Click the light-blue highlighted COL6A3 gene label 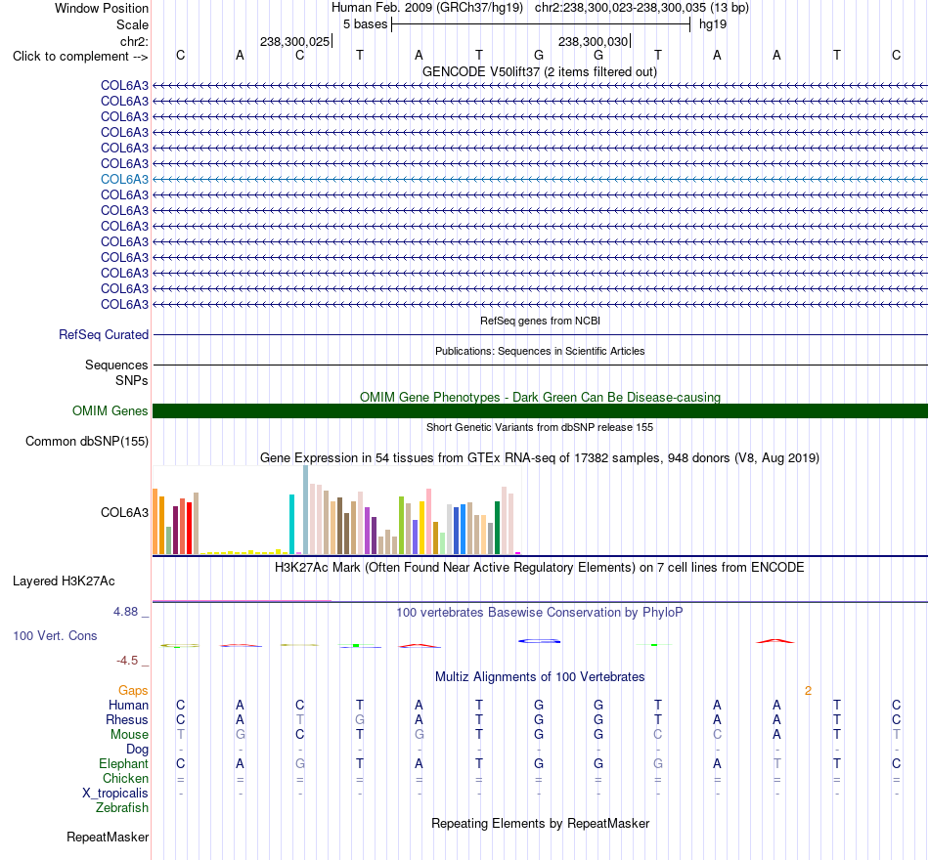pos(124,179)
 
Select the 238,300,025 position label pos(294,41)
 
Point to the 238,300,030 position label pos(593,41)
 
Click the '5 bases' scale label pos(365,24)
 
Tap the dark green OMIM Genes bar pos(540,411)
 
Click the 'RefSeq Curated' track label pos(104,334)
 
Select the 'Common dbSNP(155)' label pos(87,442)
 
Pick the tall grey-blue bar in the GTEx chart pos(306,510)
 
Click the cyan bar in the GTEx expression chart pos(291,524)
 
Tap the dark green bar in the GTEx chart pos(498,528)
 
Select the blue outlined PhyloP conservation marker pos(539,641)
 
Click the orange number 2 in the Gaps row pos(808,691)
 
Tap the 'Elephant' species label pos(123,764)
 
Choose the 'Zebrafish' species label pos(122,808)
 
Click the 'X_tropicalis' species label pos(115,794)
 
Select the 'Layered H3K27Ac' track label pos(64,581)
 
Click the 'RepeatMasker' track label pos(108,837)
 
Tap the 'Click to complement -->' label pos(80,57)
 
